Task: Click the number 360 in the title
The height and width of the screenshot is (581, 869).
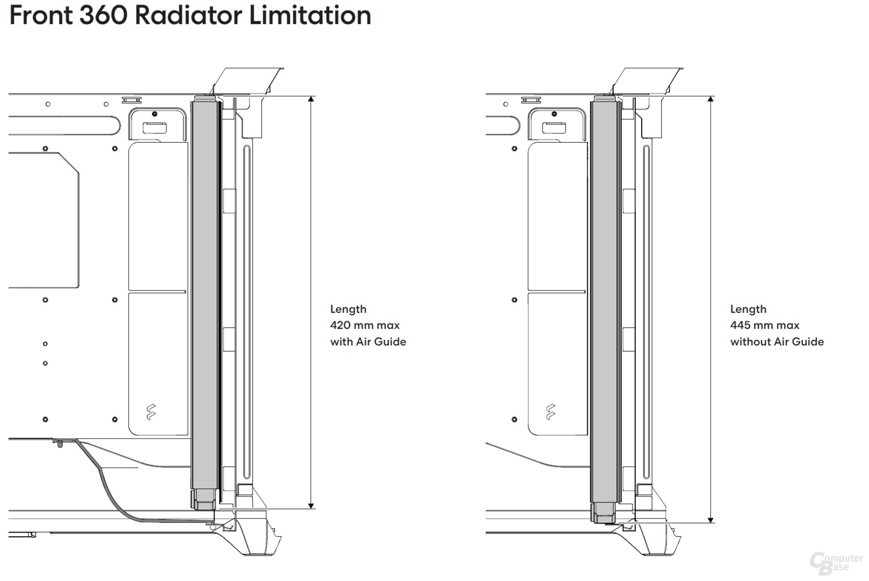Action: tap(103, 15)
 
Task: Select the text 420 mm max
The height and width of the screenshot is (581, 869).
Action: tap(364, 325)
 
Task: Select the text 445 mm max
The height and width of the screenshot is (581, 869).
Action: tap(764, 325)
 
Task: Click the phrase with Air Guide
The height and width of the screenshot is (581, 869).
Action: tap(368, 342)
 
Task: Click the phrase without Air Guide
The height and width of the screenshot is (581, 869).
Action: tap(777, 342)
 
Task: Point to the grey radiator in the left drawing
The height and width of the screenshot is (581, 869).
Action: tap(204, 296)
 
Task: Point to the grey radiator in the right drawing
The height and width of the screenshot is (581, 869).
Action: tap(604, 296)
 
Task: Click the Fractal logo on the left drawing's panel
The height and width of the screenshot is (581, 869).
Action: tap(151, 413)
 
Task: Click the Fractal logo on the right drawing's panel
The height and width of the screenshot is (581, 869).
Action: tap(551, 413)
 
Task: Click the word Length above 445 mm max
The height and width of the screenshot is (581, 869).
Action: tap(748, 309)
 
